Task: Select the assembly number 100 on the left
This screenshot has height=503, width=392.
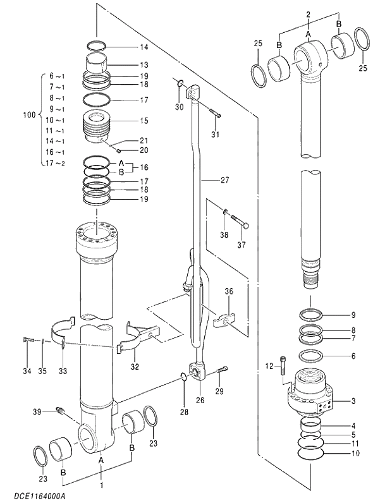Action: point(28,115)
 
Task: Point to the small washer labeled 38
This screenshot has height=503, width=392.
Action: point(224,212)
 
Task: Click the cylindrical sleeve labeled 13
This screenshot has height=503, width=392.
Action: point(97,64)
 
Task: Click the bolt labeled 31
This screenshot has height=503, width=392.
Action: point(214,114)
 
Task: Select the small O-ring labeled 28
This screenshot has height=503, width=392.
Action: point(183,377)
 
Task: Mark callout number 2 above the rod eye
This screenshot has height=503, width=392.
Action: point(308,14)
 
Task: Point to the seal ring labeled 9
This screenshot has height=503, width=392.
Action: point(312,314)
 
